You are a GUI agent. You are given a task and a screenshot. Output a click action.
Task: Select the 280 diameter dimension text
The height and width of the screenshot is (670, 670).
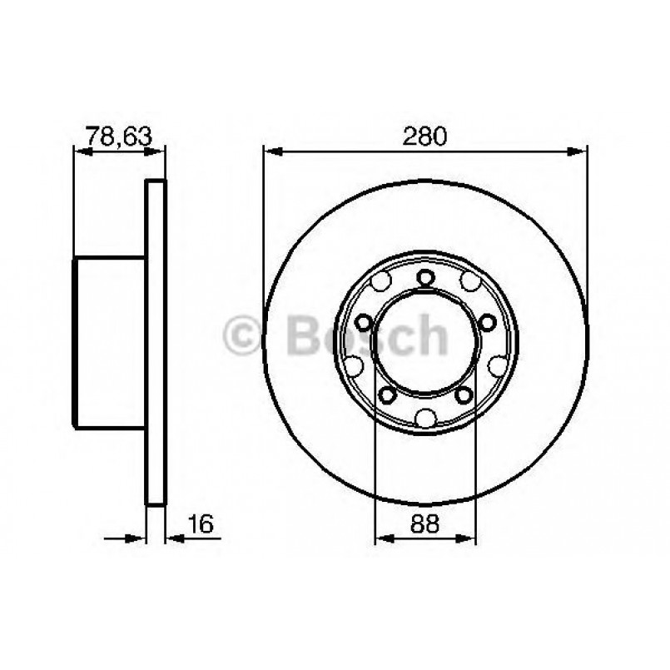(425, 135)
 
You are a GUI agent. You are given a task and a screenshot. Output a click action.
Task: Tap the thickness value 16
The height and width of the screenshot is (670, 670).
(201, 524)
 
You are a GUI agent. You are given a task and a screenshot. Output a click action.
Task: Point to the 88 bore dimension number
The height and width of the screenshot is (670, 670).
(425, 524)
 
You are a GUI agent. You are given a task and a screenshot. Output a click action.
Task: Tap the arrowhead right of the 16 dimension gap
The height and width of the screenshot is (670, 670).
(174, 538)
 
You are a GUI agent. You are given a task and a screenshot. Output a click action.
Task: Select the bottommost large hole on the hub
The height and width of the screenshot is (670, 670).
(425, 418)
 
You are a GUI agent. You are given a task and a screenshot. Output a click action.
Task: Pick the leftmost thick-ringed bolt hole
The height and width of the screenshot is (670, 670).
(364, 322)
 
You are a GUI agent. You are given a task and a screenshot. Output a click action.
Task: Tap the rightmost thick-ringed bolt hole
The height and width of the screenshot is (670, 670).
(487, 322)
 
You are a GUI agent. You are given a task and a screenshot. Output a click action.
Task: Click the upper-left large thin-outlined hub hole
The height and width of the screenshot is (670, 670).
(381, 282)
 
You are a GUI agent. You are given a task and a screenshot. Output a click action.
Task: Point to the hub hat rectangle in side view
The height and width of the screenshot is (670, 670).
(110, 343)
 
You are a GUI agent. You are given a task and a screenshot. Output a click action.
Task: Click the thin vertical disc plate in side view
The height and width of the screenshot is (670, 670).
(156, 343)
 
